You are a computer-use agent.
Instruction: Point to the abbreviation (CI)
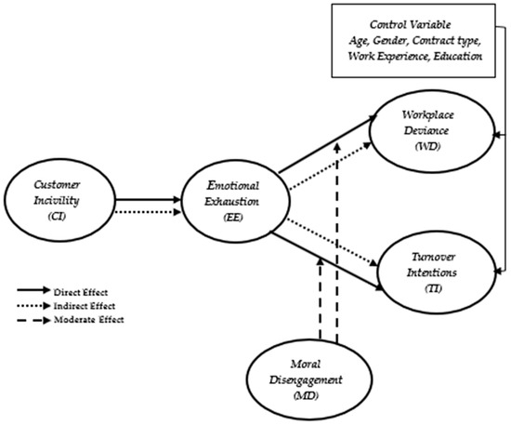tap(57, 216)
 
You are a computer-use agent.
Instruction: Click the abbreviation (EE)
tap(232, 218)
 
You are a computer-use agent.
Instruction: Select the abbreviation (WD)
tap(427, 146)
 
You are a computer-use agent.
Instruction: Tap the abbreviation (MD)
tap(306, 395)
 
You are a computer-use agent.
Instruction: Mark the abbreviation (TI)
tap(433, 288)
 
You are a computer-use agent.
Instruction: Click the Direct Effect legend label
tap(81, 292)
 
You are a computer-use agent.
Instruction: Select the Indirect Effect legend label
tap(85, 306)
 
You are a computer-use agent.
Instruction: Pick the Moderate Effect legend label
tap(89, 319)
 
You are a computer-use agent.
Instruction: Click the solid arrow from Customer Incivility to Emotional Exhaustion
tap(149, 200)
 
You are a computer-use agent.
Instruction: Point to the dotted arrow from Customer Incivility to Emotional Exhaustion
tap(149, 212)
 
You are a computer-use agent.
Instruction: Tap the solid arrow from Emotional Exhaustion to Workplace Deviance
tap(328, 144)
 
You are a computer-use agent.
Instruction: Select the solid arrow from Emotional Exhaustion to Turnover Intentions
tap(328, 261)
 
